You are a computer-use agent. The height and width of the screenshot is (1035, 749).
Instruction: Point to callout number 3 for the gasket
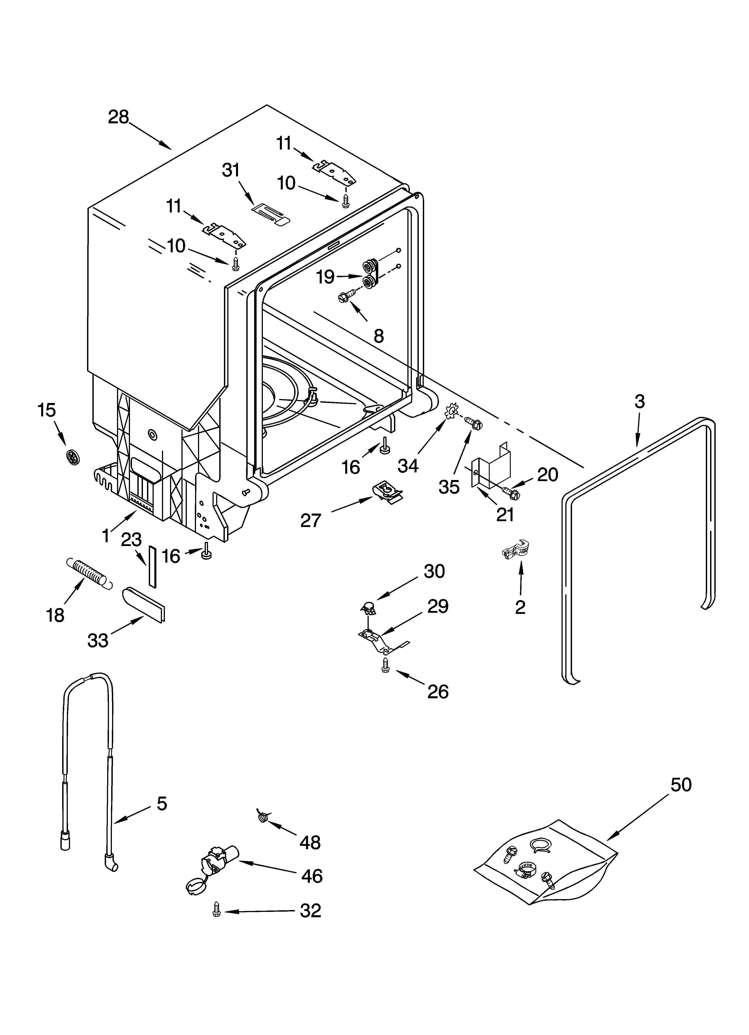pos(640,402)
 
